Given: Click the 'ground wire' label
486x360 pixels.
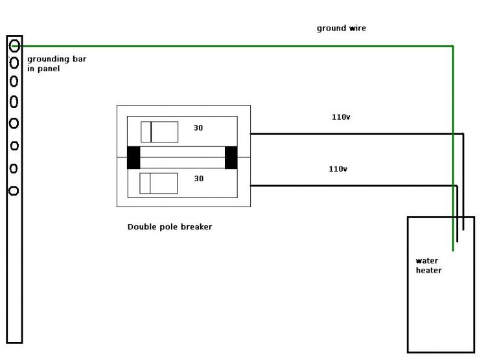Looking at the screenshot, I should tap(341, 28).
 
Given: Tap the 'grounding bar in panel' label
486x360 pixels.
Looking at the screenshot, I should tap(56, 63).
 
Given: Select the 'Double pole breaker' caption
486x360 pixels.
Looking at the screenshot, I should tap(170, 227).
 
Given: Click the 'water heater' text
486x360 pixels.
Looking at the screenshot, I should tap(428, 265).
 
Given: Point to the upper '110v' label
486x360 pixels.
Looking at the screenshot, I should tap(340, 117).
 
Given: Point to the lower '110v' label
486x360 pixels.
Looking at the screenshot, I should tap(338, 169).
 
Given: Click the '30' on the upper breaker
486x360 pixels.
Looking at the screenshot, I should tap(198, 128).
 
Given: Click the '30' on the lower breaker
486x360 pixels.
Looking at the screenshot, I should tap(198, 179).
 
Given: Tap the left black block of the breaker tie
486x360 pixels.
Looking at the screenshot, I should tap(133, 157).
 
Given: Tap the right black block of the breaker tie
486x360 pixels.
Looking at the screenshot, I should tap(231, 157).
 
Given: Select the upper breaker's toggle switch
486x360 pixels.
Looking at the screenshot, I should tap(159, 131).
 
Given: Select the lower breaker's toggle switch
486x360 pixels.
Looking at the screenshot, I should tap(159, 183).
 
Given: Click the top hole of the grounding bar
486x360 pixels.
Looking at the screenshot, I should tap(14, 45).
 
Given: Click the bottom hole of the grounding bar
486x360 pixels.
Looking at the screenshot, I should tap(14, 190).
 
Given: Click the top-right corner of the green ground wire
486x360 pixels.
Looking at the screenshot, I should tap(453, 47).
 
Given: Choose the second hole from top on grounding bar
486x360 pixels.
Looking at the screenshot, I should tap(14, 63).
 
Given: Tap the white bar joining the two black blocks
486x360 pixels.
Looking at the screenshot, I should tap(182, 157).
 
